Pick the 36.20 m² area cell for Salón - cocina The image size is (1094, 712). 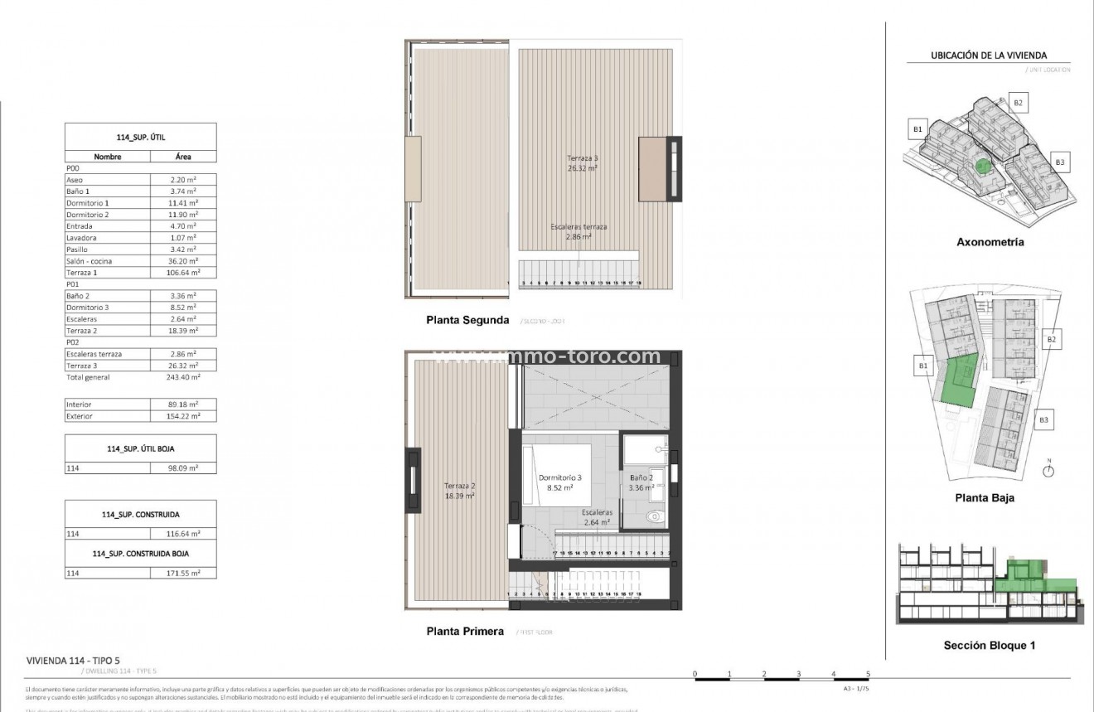(183, 261)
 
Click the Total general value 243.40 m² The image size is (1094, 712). (183, 377)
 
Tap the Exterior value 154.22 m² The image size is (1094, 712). (183, 416)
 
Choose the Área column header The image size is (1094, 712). (183, 156)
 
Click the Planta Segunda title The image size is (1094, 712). (467, 319)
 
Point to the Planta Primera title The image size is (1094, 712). (464, 631)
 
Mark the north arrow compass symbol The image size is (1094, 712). (1048, 470)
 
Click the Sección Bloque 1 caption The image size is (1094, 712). (990, 646)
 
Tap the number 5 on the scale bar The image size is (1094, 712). (868, 673)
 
